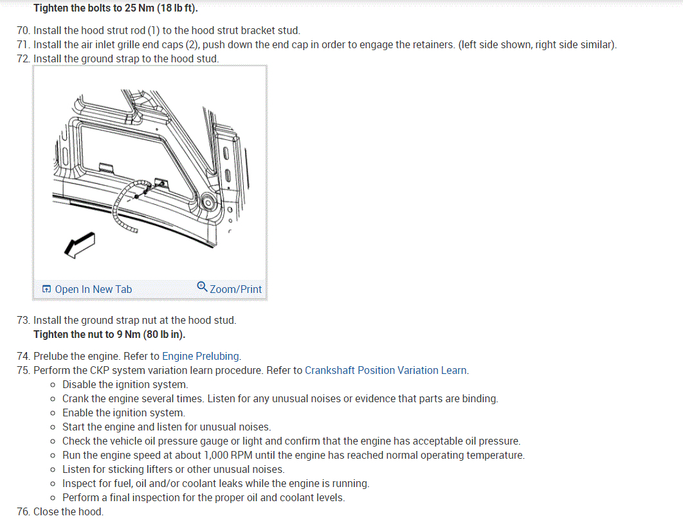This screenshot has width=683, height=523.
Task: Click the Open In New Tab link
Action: (x=93, y=289)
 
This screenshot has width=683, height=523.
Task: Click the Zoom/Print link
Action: (x=235, y=289)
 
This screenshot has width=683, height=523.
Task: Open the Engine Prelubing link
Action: (x=201, y=356)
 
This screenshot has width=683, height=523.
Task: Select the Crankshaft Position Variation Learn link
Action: (x=386, y=370)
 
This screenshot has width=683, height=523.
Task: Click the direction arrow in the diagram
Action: (x=79, y=245)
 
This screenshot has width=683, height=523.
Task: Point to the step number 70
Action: (x=23, y=30)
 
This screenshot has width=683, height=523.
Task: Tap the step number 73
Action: (x=23, y=320)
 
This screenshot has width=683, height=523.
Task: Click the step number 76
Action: (x=23, y=511)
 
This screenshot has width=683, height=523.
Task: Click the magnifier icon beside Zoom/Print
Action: (x=202, y=287)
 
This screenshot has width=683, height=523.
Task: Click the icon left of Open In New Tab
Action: (x=46, y=290)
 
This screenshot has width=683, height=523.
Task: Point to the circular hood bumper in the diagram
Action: (x=208, y=203)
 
